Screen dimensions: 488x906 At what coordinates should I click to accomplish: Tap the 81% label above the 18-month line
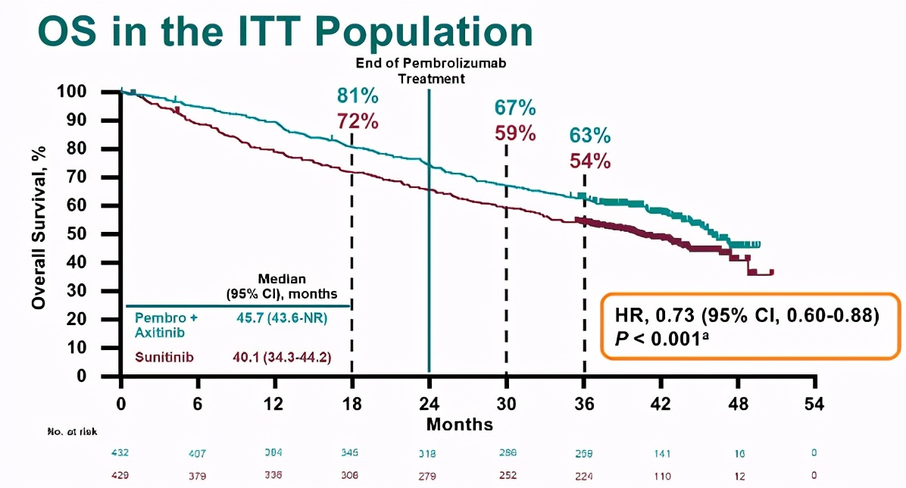[358, 96]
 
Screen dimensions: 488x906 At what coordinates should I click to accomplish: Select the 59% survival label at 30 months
[515, 133]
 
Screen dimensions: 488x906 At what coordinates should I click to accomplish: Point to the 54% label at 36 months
[590, 161]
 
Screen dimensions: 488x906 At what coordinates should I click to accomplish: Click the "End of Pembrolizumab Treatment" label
[430, 70]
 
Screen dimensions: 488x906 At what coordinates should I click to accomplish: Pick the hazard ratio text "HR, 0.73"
[658, 316]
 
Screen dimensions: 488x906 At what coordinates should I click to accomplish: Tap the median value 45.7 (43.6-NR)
[282, 318]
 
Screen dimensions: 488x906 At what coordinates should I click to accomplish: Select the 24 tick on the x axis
[430, 403]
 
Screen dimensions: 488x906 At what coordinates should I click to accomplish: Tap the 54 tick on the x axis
[814, 403]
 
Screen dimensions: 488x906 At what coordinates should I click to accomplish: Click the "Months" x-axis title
[459, 424]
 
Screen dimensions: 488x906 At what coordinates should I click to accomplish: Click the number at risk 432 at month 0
[120, 453]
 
